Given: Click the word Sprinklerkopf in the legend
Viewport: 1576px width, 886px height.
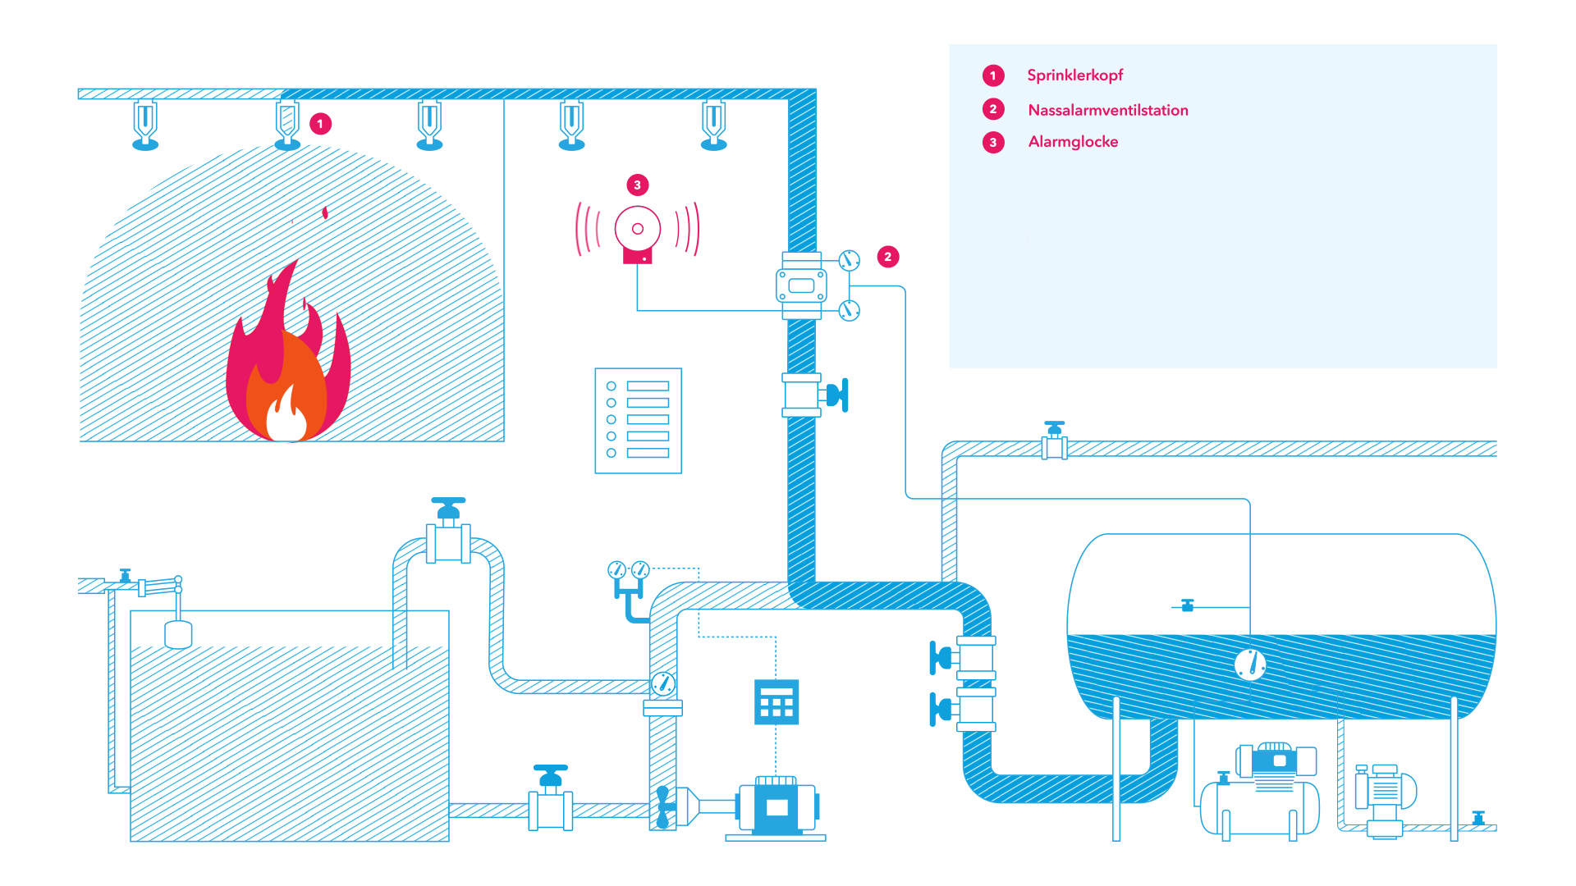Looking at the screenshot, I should (x=1074, y=75).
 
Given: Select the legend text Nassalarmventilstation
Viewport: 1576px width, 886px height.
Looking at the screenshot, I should (x=1107, y=110).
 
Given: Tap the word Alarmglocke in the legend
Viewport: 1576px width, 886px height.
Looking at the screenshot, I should (x=1073, y=142).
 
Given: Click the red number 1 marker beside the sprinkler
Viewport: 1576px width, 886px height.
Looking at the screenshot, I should (x=320, y=124).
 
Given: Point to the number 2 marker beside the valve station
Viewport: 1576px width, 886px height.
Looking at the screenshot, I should (x=887, y=257).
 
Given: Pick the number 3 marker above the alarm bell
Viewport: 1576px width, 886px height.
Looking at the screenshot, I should (x=637, y=185).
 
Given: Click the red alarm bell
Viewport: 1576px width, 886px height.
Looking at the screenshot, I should (x=638, y=231).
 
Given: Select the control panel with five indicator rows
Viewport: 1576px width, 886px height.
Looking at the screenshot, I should (x=638, y=420).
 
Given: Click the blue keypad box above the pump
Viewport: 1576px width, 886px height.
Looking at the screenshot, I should (x=776, y=701).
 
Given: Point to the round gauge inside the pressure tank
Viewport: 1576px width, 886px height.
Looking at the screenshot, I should (x=1250, y=664).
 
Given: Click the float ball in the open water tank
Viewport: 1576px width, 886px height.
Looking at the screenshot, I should (x=178, y=634).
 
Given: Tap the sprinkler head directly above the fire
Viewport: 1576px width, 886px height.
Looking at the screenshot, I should (x=287, y=125).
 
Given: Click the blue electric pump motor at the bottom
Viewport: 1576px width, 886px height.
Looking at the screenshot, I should (x=776, y=806).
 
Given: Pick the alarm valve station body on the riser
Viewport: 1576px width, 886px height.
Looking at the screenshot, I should (x=801, y=285).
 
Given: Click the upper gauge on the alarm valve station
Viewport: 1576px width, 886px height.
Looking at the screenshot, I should (x=849, y=261).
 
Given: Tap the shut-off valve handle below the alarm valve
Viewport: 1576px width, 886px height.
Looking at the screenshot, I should (x=838, y=395).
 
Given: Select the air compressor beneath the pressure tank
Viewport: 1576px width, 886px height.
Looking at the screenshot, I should (x=1260, y=792).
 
